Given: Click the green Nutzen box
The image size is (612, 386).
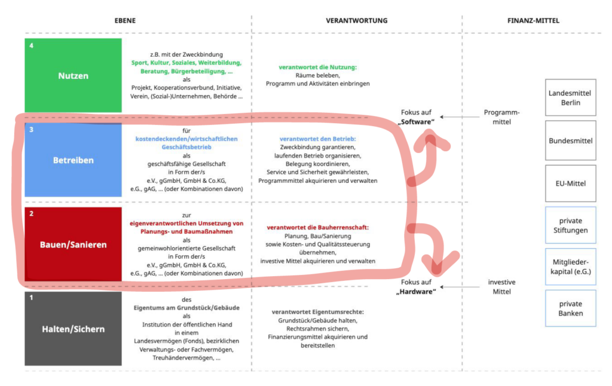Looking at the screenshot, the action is pos(73,75).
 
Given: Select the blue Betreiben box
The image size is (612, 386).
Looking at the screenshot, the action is pos(73,160).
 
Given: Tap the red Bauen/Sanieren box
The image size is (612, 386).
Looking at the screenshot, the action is pos(73,244).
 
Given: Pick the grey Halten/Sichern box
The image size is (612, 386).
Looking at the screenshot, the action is pos(73,329).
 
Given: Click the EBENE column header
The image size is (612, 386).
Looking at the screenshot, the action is pos(125,21).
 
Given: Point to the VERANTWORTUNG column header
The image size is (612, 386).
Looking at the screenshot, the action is pos(357,21).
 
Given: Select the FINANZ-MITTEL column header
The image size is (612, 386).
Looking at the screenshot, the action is pos(533,21).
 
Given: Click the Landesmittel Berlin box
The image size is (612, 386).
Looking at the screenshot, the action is pos(571,97).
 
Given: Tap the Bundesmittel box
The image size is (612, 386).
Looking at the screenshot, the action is pos(571,140).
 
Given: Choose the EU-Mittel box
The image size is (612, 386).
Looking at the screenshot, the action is pos(571,183).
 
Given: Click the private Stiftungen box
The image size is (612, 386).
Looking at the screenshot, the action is pos(571,225).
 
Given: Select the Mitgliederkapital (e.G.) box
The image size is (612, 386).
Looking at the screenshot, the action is pos(571,266).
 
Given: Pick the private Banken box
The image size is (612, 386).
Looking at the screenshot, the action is pos(571,308).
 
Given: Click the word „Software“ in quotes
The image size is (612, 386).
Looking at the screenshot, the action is pos(416,122).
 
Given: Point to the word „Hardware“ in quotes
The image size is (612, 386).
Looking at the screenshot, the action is pos(416,292).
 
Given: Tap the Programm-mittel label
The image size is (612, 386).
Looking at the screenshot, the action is pos(501,117).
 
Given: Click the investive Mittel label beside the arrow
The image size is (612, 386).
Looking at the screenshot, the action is pos(501,287).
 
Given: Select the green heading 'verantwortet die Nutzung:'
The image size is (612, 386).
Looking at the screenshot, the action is pos(318,67).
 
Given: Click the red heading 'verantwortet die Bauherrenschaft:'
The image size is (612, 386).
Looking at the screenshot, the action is pos(318,227).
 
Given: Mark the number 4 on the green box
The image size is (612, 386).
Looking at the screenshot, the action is pos(31,45).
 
